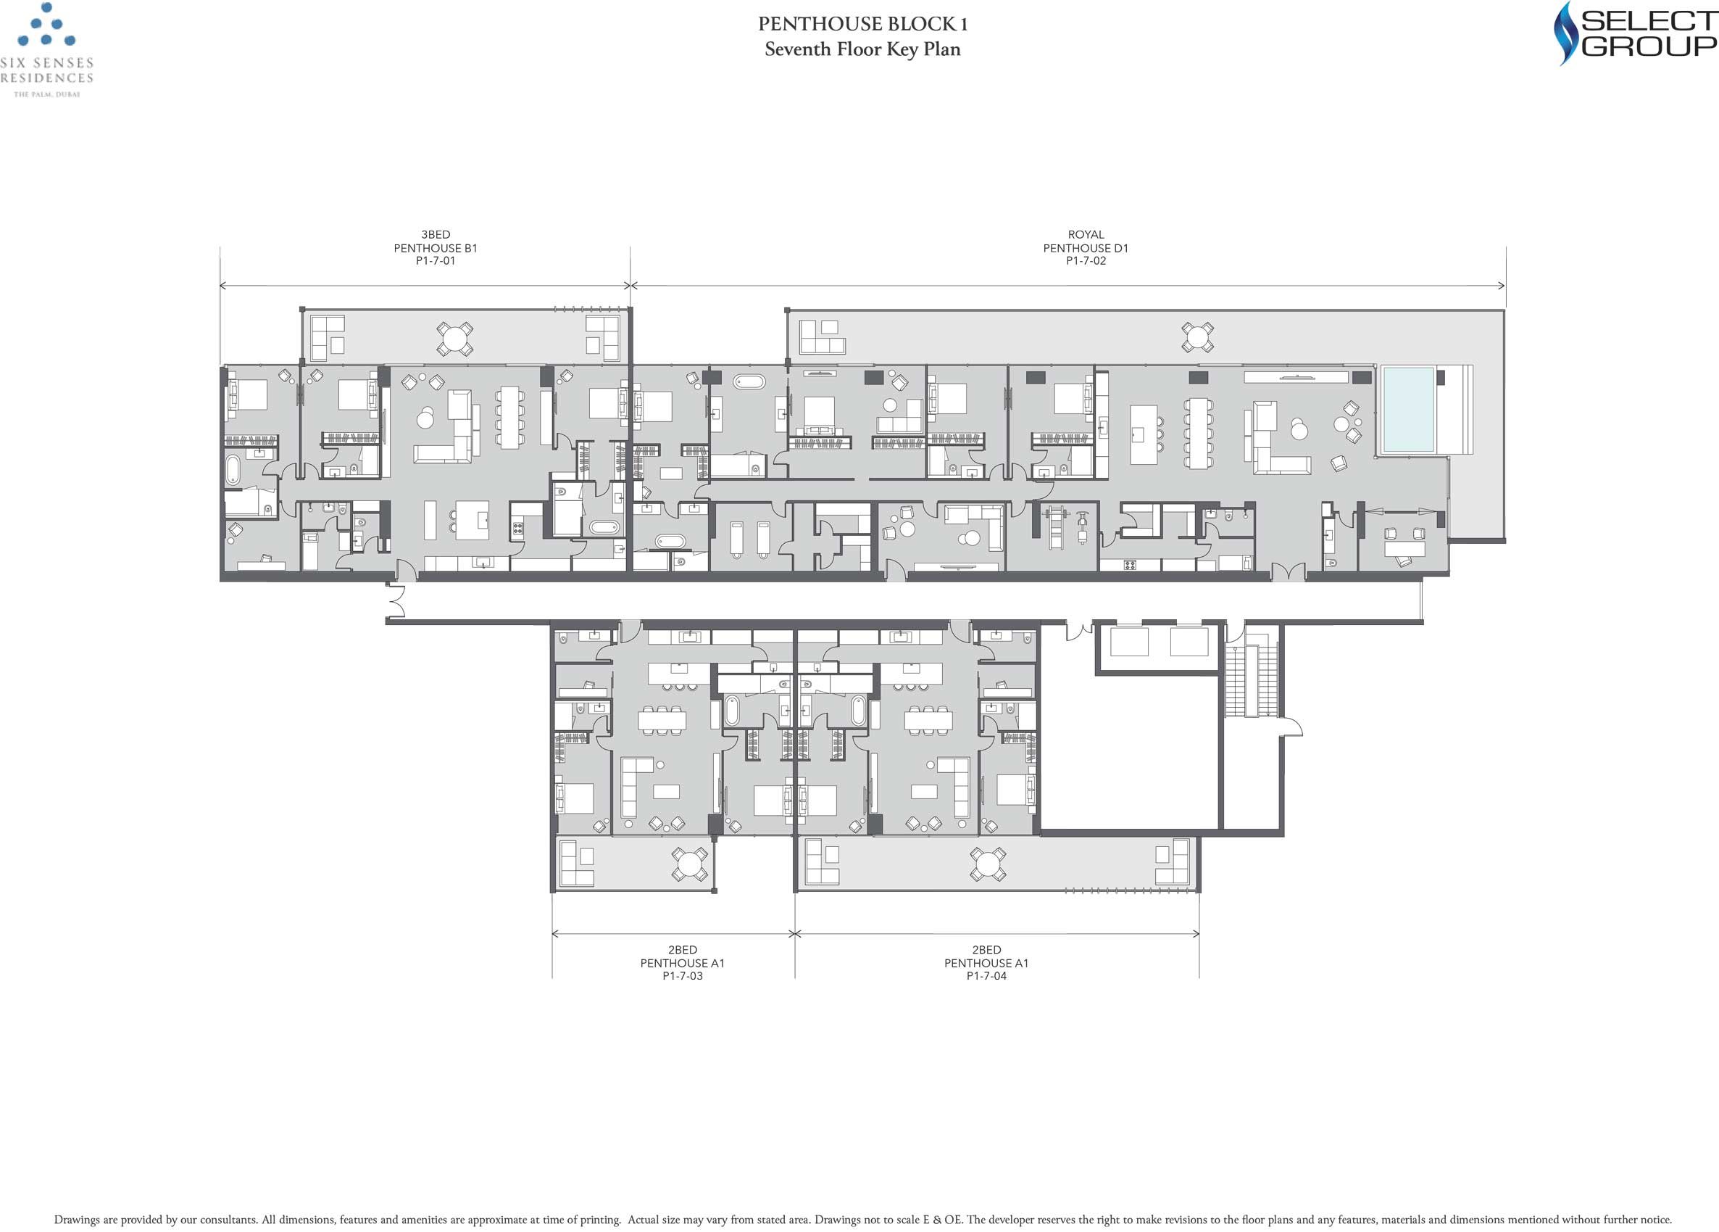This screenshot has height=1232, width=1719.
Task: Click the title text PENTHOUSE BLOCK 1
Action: pyautogui.click(x=862, y=23)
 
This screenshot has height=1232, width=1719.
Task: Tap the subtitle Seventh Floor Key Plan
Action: pyautogui.click(x=862, y=49)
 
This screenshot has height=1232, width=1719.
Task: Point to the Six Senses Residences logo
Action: pyautogui.click(x=47, y=50)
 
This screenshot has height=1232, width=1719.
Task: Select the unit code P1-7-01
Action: pyautogui.click(x=436, y=261)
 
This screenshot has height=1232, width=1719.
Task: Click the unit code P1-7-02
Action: pyautogui.click(x=1086, y=261)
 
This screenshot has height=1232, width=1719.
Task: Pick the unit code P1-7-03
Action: pyautogui.click(x=683, y=976)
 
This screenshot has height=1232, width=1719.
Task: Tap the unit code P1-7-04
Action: pyautogui.click(x=987, y=976)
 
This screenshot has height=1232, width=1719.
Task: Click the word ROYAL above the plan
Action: pyautogui.click(x=1086, y=235)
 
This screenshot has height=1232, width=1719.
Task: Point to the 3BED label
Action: pyautogui.click(x=436, y=235)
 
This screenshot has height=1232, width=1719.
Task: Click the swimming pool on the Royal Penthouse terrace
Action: pyautogui.click(x=1407, y=410)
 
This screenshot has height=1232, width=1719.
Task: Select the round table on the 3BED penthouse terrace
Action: pyautogui.click(x=455, y=338)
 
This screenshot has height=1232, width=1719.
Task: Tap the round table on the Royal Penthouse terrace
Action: pyautogui.click(x=1197, y=337)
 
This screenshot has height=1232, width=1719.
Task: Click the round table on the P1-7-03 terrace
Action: pyautogui.click(x=690, y=864)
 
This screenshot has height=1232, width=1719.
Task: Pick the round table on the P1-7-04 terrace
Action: pyautogui.click(x=988, y=864)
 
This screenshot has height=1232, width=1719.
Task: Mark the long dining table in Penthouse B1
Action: pyautogui.click(x=509, y=416)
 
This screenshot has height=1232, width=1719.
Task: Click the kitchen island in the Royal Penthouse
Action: pyautogui.click(x=1144, y=434)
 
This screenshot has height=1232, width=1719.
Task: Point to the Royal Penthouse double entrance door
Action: pyautogui.click(x=1288, y=572)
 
